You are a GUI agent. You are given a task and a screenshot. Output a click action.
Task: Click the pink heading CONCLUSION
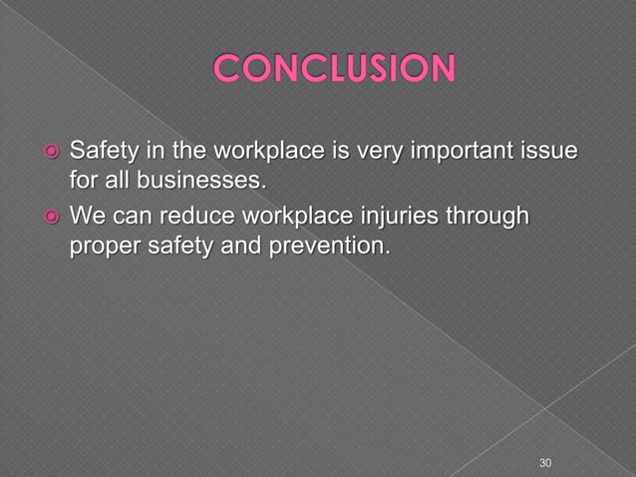(x=335, y=70)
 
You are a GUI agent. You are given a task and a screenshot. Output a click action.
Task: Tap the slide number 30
(x=544, y=463)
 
